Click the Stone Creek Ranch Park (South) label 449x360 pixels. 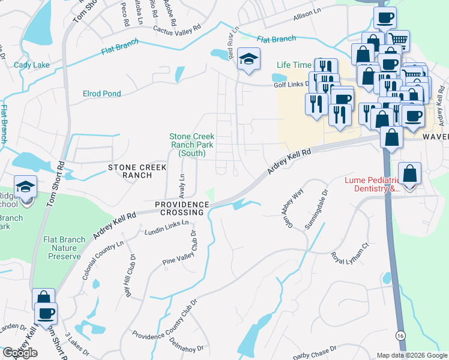191,145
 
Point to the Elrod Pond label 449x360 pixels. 101,94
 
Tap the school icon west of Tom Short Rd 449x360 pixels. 25,187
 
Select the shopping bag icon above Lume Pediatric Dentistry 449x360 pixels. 409,173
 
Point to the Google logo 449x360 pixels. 20,353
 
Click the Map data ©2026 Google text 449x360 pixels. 411,355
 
